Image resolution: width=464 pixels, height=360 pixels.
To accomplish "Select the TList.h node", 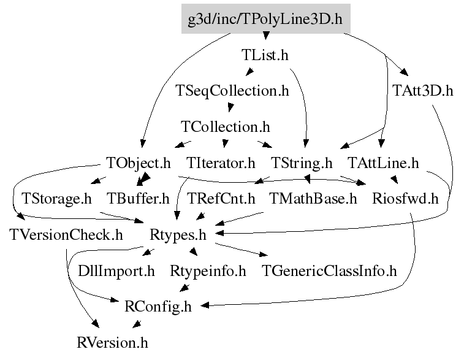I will coord(265,55).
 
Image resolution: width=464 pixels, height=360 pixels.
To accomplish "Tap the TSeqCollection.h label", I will coord(232,91).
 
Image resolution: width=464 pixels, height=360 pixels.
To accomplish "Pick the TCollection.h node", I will coord(226,127).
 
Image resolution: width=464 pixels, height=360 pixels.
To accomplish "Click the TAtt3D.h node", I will coord(422,91).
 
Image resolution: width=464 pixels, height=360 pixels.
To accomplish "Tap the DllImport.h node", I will coord(116,270).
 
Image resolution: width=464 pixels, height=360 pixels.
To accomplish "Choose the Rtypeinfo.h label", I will coord(208,270).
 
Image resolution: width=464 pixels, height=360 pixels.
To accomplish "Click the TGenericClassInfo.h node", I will coord(329,270).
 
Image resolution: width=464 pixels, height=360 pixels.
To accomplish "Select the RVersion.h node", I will coord(113,342).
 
